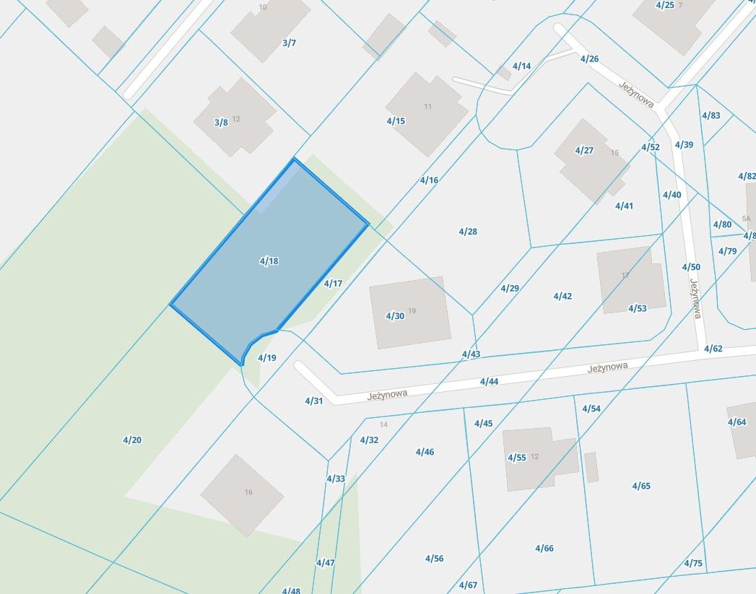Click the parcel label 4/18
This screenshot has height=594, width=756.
[x=269, y=261]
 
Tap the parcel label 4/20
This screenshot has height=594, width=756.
[x=132, y=440]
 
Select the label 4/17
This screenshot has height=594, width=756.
[x=333, y=284]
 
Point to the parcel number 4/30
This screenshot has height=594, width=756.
[x=395, y=316]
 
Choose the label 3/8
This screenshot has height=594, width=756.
[x=221, y=123]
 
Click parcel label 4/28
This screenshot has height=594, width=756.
[x=468, y=232]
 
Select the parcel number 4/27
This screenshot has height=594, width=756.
[x=583, y=150]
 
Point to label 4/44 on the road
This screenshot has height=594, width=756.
[x=489, y=381]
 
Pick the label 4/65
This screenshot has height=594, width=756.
[x=641, y=486]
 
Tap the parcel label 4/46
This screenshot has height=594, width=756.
[x=425, y=452]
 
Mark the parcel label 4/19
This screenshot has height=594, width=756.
[x=267, y=358]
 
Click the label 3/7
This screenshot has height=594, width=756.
[x=289, y=43]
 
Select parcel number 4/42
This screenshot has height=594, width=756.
[x=562, y=296]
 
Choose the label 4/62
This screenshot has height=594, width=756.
[x=713, y=349]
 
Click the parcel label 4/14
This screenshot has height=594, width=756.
[x=521, y=66]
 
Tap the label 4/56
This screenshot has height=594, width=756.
[x=434, y=558]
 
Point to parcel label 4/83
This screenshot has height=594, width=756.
[x=711, y=115]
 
